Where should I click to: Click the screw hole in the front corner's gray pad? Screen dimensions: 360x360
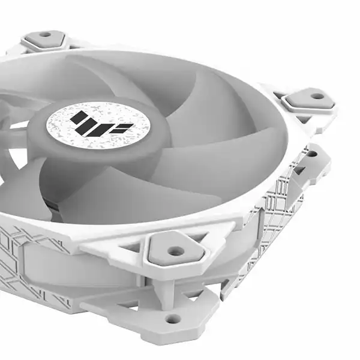[x=175, y=250]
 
